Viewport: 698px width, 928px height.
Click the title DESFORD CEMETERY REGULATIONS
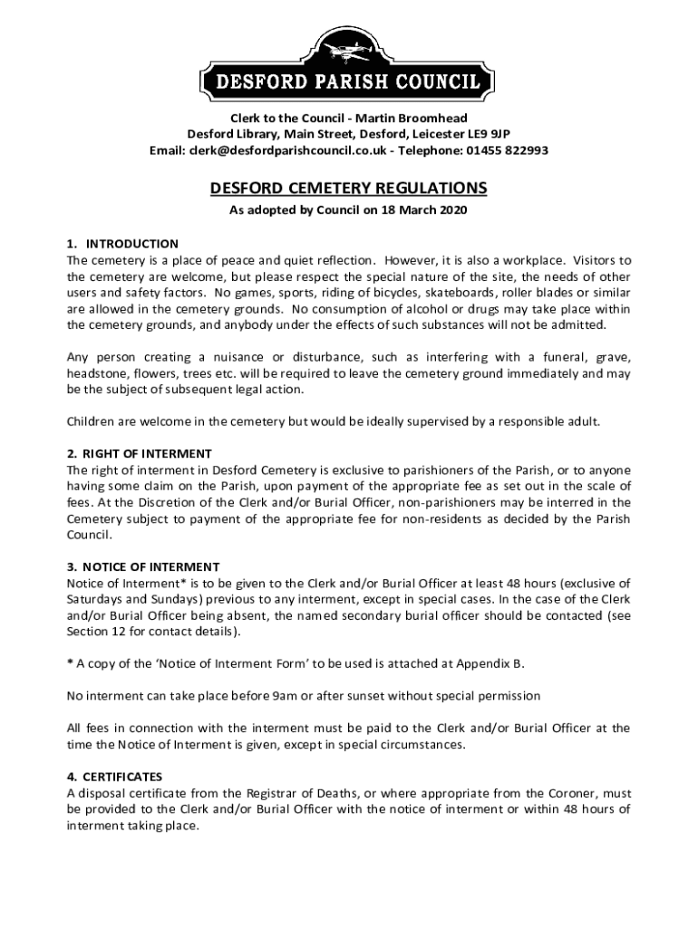tap(349, 188)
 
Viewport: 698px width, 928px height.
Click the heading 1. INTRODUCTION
tap(122, 244)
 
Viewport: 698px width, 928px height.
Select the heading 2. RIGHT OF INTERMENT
tap(140, 454)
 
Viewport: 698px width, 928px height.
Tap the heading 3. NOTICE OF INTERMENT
tap(143, 567)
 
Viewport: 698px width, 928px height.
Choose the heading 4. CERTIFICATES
tap(114, 777)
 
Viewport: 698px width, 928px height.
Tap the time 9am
tap(281, 696)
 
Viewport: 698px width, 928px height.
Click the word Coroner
tap(560, 793)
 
